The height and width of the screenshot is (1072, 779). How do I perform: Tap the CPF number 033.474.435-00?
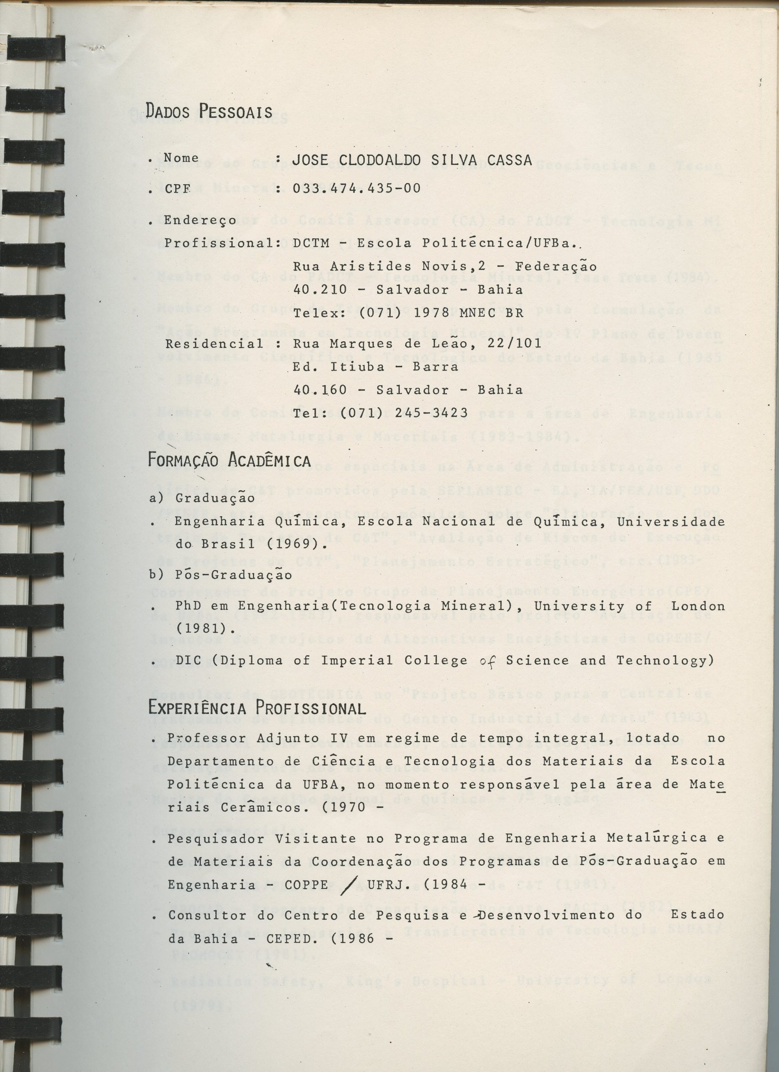tap(356, 188)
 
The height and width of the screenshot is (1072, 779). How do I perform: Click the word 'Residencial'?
tap(214, 344)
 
